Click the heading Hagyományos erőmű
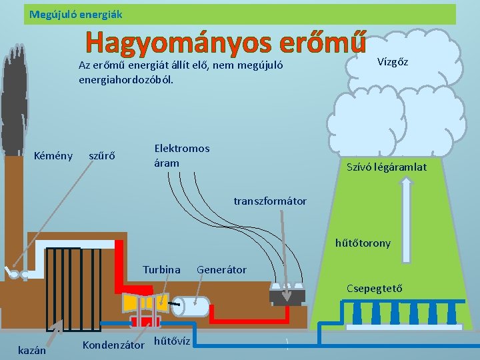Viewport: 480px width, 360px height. (225, 43)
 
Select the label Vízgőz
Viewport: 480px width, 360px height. (393, 62)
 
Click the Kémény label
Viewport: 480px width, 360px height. (53, 156)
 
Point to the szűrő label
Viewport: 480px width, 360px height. (102, 156)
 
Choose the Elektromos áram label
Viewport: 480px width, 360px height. (181, 155)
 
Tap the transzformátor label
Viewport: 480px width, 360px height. (270, 201)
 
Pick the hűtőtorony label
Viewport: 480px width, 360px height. (363, 243)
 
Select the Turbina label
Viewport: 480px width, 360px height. (161, 269)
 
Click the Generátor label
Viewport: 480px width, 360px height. (221, 269)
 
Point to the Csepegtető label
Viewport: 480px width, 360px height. (374, 288)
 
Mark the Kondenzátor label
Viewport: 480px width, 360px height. (113, 345)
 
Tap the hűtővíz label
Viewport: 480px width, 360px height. (172, 341)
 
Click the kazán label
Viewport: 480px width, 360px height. (31, 350)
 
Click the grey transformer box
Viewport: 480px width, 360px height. (287, 293)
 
